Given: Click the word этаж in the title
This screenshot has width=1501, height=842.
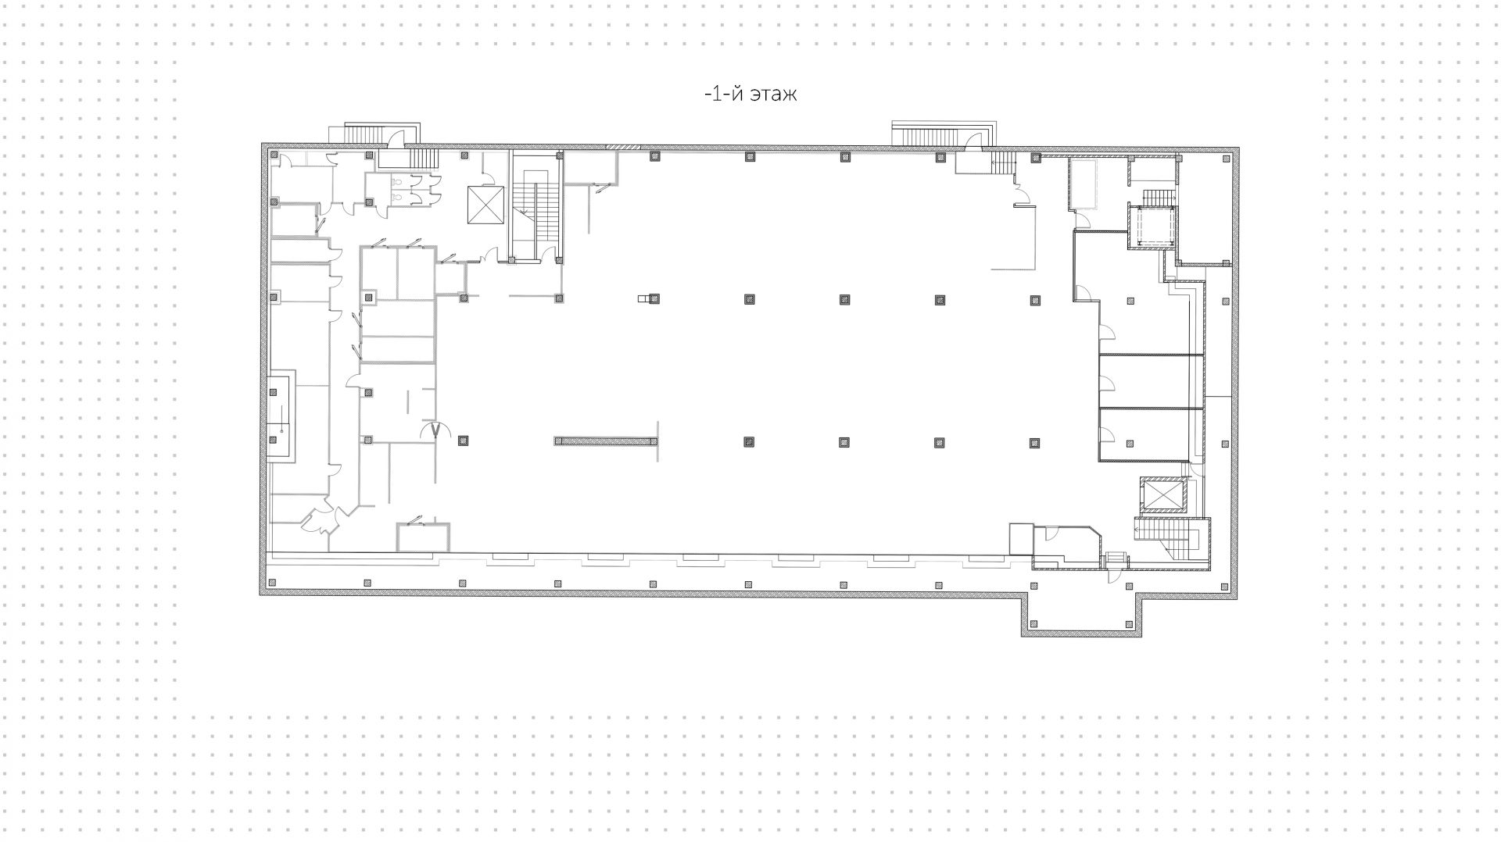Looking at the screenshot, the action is [773, 95].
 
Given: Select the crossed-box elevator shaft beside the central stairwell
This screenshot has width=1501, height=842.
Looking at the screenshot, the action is [486, 205].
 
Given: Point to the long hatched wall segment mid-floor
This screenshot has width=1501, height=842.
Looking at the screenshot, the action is [606, 441].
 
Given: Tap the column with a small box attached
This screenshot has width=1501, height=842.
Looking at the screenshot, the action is [654, 298].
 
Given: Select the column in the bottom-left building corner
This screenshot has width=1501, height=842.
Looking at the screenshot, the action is [272, 583].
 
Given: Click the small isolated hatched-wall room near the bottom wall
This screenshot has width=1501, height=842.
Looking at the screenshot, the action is [423, 537].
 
